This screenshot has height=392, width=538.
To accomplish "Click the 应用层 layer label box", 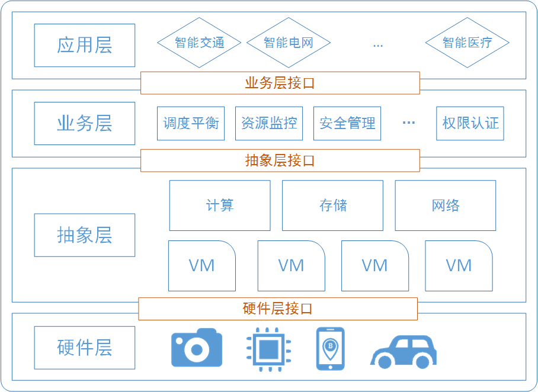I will click(85, 45).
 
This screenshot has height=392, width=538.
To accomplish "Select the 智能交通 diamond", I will click(199, 43).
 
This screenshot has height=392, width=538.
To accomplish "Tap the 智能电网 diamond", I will click(288, 43).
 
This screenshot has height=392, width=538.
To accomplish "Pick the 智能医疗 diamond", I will click(467, 43).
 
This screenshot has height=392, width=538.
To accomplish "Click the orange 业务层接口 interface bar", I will click(280, 83).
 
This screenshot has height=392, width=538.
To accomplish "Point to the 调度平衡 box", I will click(191, 123).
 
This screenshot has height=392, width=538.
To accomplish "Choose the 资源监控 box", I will click(269, 123).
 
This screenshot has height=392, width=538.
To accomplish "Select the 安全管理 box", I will click(347, 123).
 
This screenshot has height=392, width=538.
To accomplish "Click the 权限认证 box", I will click(470, 123).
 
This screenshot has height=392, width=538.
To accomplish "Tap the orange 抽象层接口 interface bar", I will click(280, 160).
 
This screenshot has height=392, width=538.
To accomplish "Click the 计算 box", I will click(220, 205).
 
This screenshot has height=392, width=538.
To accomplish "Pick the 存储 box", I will click(332, 205).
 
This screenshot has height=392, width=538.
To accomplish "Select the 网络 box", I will click(446, 205).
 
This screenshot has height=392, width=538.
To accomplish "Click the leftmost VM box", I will click(202, 266).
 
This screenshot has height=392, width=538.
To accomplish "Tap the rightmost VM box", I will click(459, 266).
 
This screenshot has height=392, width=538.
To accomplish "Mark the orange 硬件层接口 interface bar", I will click(277, 309).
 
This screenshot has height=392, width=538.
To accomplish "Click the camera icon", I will click(197, 348).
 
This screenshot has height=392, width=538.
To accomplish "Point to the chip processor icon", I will click(270, 348).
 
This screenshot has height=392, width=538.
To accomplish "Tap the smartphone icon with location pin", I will click(330, 348).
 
